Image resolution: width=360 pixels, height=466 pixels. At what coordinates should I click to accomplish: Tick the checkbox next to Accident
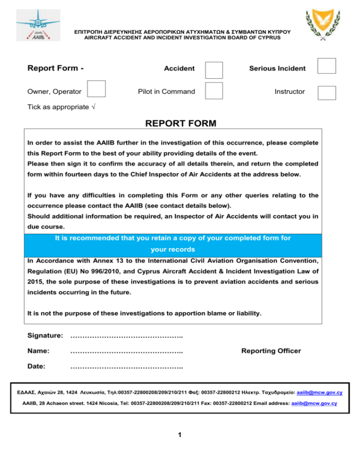[214, 69]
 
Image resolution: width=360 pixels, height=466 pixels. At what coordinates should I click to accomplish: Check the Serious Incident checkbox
[327, 66]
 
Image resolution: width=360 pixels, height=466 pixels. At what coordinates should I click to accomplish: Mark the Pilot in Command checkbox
[214, 90]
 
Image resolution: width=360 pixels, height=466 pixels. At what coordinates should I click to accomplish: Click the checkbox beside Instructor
[327, 92]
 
